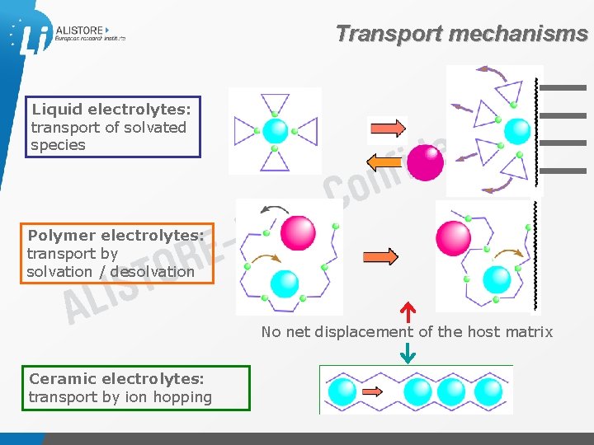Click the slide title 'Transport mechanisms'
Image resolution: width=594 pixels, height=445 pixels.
(x=461, y=34)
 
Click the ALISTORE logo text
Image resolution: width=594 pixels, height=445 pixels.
(x=79, y=30)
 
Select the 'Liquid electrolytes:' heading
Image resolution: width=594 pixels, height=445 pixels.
(x=111, y=110)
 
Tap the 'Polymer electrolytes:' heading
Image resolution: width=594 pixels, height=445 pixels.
(x=115, y=236)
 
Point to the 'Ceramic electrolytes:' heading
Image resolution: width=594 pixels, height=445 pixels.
(x=116, y=379)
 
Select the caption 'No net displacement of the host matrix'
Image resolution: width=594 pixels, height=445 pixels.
(x=407, y=332)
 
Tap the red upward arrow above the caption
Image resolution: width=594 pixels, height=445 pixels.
(x=408, y=312)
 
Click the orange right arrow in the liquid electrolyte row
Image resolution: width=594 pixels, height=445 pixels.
(x=387, y=128)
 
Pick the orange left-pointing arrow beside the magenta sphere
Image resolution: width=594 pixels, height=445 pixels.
(x=386, y=161)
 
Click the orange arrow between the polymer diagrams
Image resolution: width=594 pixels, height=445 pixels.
(x=380, y=256)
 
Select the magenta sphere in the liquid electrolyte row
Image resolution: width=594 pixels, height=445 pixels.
(x=426, y=162)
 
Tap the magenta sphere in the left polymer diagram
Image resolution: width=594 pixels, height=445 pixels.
(x=297, y=233)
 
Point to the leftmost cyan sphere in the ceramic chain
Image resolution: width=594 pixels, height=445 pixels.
(x=341, y=390)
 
